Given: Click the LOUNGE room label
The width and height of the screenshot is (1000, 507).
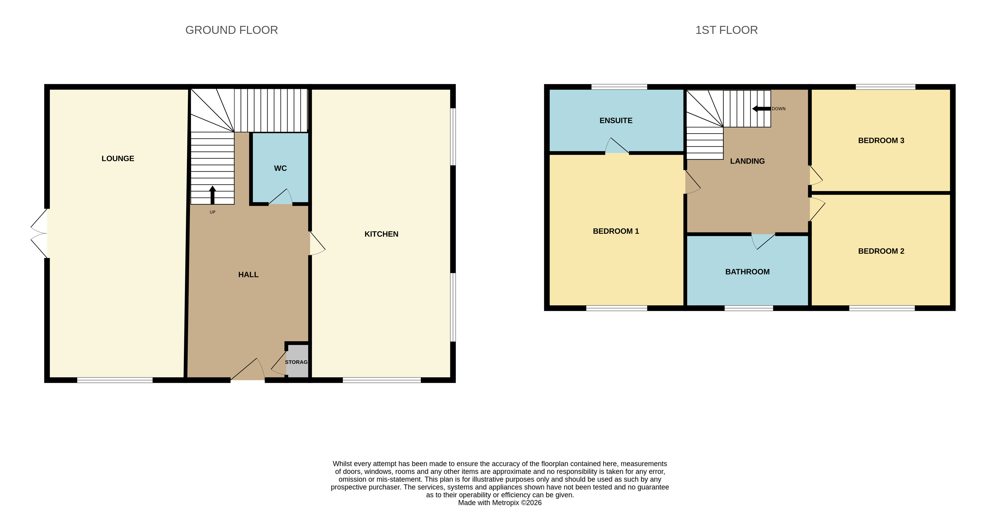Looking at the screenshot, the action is click(118, 159).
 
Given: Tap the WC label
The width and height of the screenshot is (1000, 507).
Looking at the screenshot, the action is click(280, 168).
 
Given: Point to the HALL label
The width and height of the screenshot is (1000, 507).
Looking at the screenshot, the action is click(248, 275).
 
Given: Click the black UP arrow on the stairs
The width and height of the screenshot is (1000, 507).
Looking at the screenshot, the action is click(212, 195).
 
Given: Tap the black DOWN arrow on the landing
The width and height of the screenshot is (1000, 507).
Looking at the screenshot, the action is click(761, 109).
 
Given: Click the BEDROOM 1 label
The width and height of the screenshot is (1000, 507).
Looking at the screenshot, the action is click(616, 231).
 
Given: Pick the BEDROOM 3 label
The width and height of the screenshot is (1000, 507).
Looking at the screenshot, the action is click(881, 140).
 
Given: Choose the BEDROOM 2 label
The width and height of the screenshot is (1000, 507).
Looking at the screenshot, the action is click(881, 251).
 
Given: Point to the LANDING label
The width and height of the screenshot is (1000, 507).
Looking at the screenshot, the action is click(747, 161).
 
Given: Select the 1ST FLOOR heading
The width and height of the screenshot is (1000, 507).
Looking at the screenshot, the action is click(726, 30).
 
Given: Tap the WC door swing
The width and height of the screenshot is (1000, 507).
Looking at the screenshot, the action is click(281, 197).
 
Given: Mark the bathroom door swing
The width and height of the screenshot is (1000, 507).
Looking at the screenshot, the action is click(763, 241).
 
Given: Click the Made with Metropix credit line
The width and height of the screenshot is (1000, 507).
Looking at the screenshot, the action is click(500, 503).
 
